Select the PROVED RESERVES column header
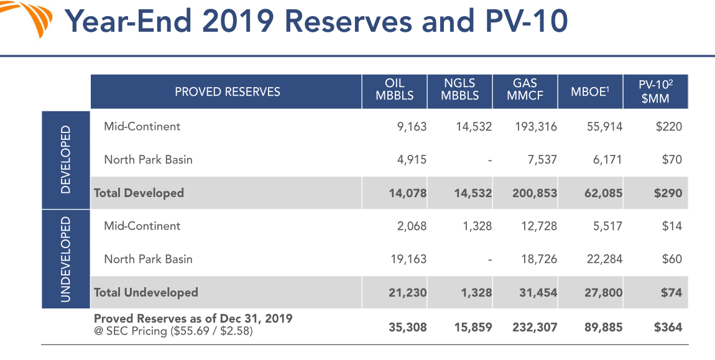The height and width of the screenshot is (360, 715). pyautogui.click(x=227, y=92)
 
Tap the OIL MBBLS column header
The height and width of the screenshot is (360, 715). pyautogui.click(x=394, y=90)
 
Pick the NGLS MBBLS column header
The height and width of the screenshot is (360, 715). pyautogui.click(x=459, y=90)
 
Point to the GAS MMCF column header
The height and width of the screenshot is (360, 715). pyautogui.click(x=525, y=90)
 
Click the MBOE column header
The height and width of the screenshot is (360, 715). pyautogui.click(x=590, y=92)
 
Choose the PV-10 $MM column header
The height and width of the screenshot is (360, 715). pyautogui.click(x=655, y=91)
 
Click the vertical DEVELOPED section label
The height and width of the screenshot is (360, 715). pyautogui.click(x=65, y=160)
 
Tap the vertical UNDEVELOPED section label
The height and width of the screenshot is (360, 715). pyautogui.click(x=65, y=259)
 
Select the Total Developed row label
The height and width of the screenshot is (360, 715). pyautogui.click(x=139, y=193)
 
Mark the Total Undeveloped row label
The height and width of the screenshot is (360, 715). pyautogui.click(x=145, y=292)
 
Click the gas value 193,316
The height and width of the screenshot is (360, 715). pyautogui.click(x=535, y=127)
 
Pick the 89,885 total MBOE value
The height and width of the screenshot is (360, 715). pyautogui.click(x=603, y=326)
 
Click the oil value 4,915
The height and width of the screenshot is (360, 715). pyautogui.click(x=412, y=160)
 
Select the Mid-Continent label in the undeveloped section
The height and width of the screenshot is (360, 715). pyautogui.click(x=142, y=226)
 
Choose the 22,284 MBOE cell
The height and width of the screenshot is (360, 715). pyautogui.click(x=604, y=259)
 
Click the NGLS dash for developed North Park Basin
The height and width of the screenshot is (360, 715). pyautogui.click(x=489, y=160)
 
